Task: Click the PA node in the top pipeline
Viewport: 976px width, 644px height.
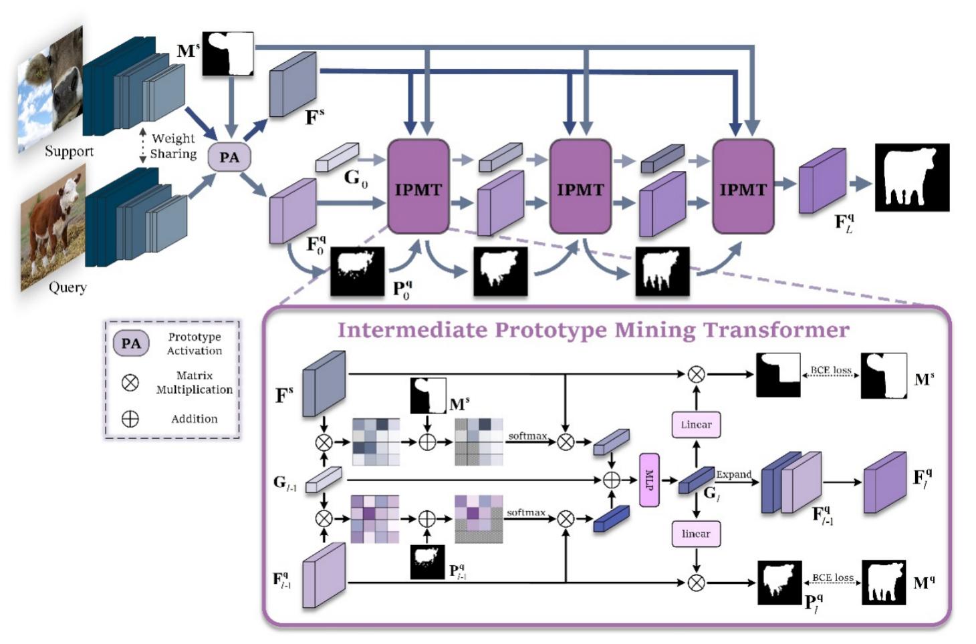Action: [x=229, y=158]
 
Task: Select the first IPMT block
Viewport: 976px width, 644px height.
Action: [x=418, y=187]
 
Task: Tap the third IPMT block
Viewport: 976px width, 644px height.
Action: [x=743, y=187]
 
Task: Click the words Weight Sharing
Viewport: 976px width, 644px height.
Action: [x=173, y=146]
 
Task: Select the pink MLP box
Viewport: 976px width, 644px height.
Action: [x=648, y=480]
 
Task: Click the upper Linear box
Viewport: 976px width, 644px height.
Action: [x=696, y=425]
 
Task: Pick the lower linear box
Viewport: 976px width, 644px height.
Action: [x=696, y=534]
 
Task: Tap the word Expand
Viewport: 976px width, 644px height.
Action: [x=734, y=474]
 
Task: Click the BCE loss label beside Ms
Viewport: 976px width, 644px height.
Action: [x=831, y=370]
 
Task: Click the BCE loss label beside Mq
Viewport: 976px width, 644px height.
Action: [x=833, y=578]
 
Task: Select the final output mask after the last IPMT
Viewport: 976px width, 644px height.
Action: [x=912, y=177]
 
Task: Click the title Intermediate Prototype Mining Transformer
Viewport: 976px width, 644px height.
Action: [x=593, y=330]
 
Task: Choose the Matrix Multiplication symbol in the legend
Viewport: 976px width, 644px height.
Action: [x=130, y=382]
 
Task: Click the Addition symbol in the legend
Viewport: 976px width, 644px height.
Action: [x=130, y=419]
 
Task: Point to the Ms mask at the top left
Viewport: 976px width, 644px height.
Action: [x=228, y=53]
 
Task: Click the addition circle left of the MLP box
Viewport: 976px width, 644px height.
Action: [x=612, y=480]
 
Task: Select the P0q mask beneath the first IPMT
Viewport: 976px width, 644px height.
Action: [x=358, y=271]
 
